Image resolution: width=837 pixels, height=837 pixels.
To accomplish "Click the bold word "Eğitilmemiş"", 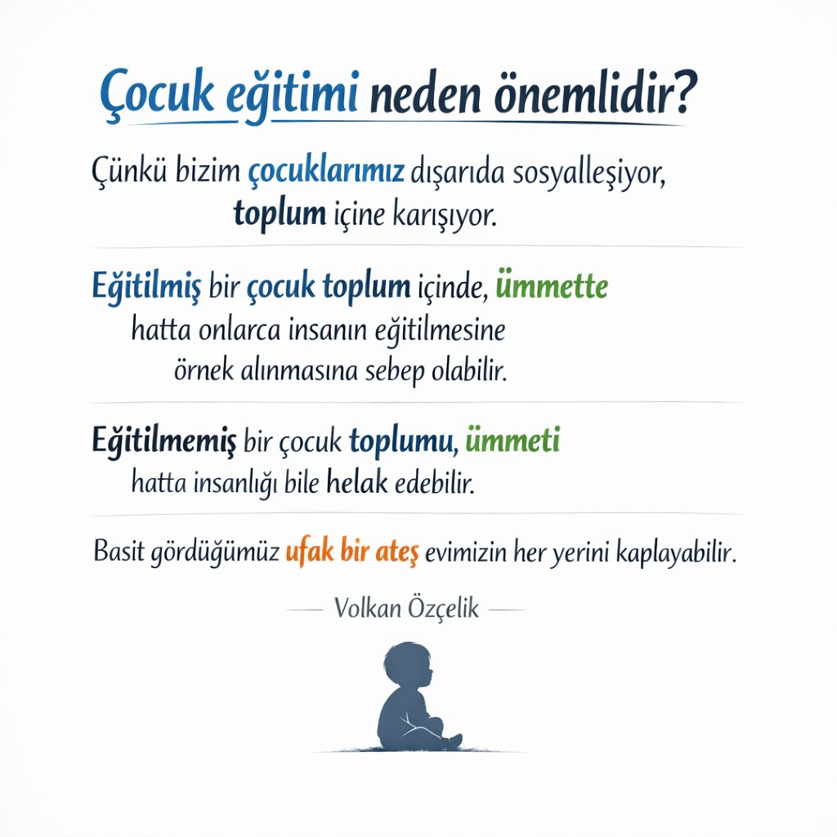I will click(163, 442).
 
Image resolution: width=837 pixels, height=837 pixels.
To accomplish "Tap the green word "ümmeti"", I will click(512, 442).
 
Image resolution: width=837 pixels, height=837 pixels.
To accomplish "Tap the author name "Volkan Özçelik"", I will click(406, 608).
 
